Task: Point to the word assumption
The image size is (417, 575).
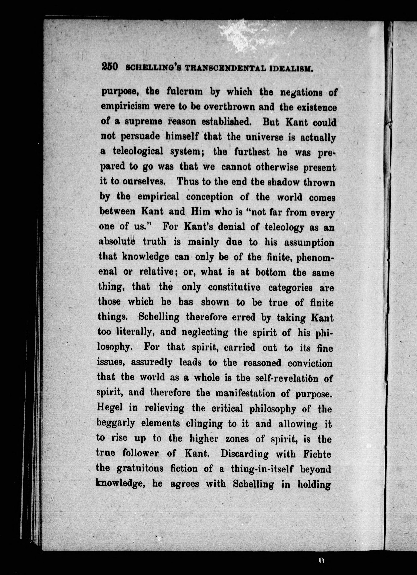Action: point(309,242)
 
